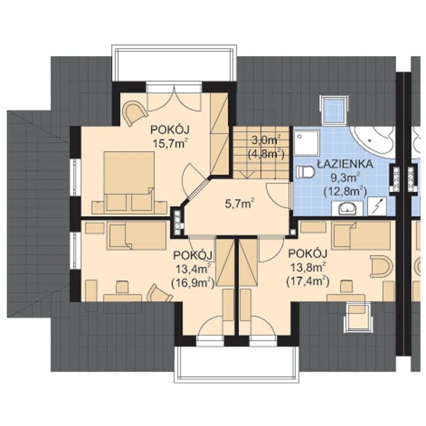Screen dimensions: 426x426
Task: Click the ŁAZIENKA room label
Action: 345,164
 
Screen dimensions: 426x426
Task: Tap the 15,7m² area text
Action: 170,143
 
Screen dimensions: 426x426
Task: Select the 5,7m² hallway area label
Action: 240,203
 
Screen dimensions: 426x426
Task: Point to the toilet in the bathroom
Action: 305,172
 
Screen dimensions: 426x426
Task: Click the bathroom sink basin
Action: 347,209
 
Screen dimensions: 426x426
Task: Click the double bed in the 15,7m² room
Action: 129,181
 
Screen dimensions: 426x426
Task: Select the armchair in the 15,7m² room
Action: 134,113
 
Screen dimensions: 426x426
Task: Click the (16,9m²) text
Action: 193,283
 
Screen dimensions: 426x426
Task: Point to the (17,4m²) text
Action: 308,281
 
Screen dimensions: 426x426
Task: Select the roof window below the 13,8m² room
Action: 357,318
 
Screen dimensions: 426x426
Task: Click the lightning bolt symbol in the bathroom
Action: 377,206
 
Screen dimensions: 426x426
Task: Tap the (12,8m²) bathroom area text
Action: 345,192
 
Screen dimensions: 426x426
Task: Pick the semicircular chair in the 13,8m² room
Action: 382,265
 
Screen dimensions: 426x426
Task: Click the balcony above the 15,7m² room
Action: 174,63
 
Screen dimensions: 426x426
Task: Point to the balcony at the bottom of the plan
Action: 236,364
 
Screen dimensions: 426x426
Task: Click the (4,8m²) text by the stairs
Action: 266,154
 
